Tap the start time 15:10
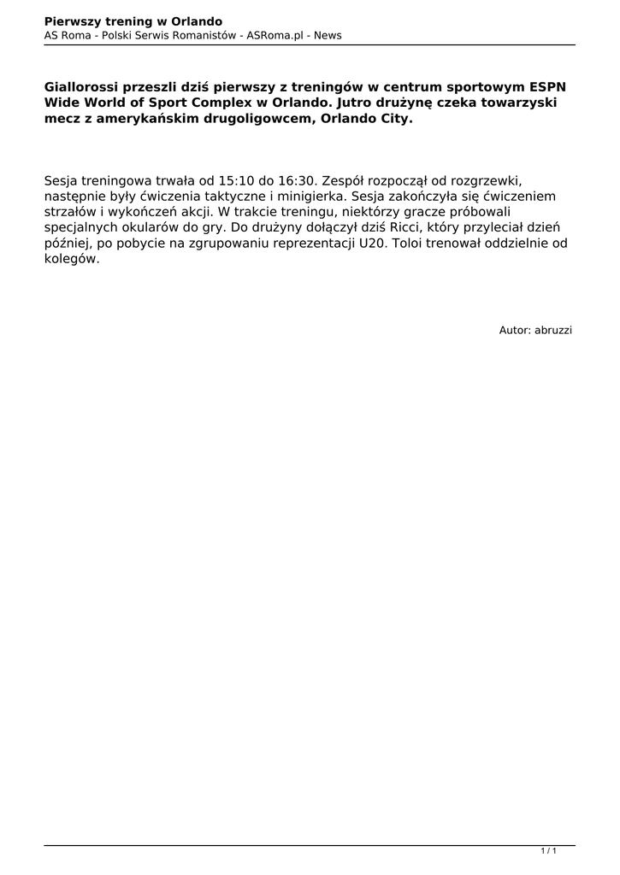click(236, 180)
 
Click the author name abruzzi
click(553, 329)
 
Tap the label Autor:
click(515, 329)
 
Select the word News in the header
click(328, 35)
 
